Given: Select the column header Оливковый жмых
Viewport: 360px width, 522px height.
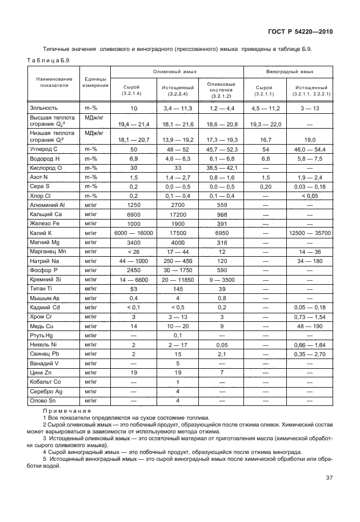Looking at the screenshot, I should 177,71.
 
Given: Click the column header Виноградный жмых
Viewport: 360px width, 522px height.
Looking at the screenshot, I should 289,71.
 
